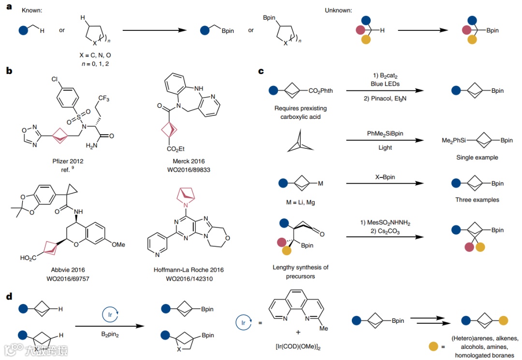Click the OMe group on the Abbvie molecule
click(x=118, y=245)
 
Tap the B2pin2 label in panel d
click(x=111, y=334)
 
